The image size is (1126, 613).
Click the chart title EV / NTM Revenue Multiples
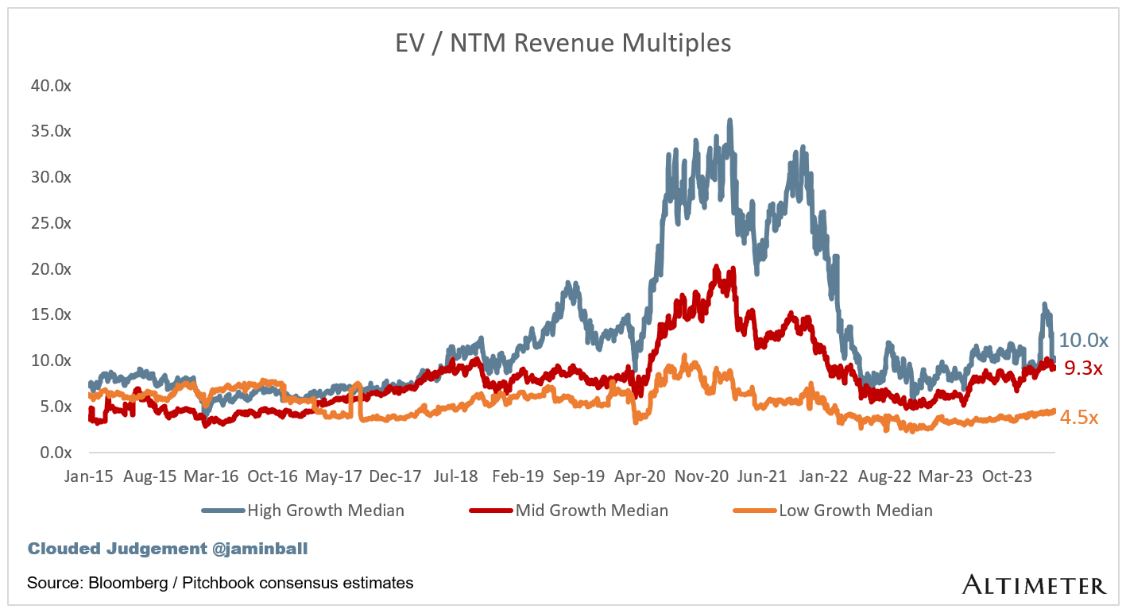[x=563, y=43]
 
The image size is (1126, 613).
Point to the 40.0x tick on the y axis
[x=51, y=86]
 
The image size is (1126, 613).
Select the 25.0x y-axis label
[x=51, y=223]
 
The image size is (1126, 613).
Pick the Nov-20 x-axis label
[x=701, y=476]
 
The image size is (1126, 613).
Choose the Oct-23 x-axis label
[x=1007, y=476]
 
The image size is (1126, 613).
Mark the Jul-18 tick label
[x=456, y=476]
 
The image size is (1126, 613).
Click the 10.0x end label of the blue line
[x=1083, y=341]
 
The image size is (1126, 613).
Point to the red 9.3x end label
[x=1082, y=368]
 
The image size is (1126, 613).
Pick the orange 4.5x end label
[x=1079, y=418]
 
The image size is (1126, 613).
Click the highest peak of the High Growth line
[x=729, y=121]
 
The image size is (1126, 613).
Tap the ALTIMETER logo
[x=1034, y=586]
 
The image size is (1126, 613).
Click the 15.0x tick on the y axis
[x=51, y=315]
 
